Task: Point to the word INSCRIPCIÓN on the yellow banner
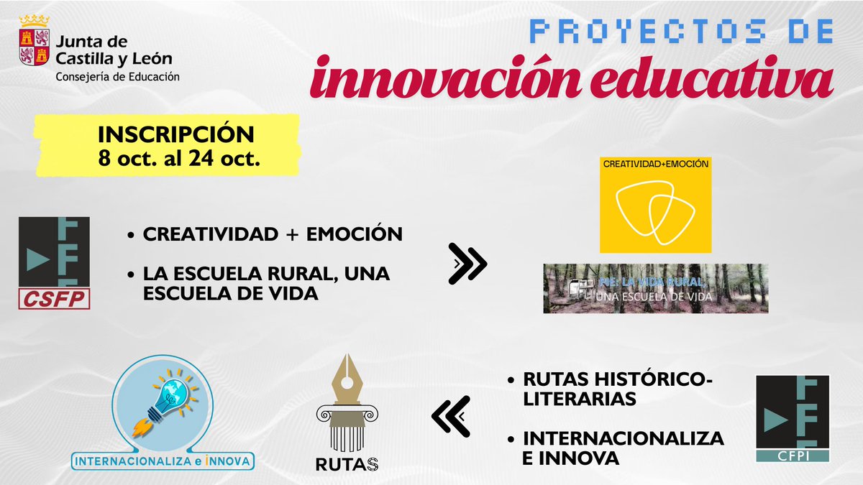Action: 176,134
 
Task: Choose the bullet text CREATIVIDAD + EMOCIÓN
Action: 272,235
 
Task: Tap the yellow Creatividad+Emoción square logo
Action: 655,205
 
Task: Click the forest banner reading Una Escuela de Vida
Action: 655,288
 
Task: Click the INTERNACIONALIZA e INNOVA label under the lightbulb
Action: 165,459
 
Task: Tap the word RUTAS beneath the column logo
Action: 347,464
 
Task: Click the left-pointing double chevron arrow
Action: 451,416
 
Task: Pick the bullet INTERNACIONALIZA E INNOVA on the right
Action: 623,448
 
